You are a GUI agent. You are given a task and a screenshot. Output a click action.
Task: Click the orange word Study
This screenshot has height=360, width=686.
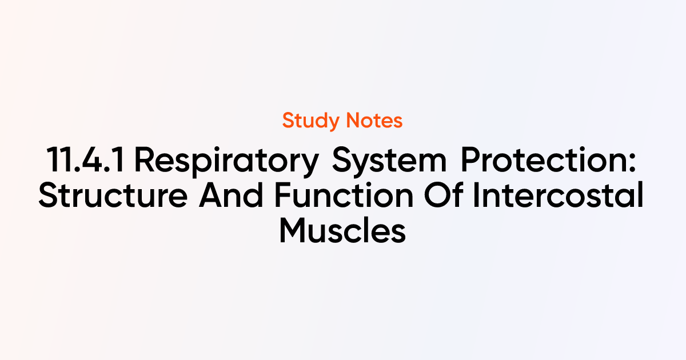[310, 121]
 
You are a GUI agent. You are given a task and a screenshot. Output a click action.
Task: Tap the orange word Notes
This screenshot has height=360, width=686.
[374, 121]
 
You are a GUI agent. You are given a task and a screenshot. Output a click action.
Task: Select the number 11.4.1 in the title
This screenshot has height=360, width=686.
[85, 160]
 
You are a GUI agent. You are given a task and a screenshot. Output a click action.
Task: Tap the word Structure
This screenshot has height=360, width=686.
[113, 195]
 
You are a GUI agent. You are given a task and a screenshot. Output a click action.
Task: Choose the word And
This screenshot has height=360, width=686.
[231, 195]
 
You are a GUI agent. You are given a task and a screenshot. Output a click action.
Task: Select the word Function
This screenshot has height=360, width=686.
[344, 195]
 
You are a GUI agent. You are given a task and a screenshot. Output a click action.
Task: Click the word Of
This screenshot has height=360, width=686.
[443, 195]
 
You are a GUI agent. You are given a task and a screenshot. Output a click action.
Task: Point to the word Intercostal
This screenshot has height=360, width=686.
[559, 195]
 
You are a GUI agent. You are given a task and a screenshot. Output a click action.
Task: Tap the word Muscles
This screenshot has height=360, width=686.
[342, 230]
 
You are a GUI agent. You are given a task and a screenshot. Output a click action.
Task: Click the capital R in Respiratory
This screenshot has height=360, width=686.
[145, 160]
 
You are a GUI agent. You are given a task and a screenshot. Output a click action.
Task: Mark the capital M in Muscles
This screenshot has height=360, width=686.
[294, 230]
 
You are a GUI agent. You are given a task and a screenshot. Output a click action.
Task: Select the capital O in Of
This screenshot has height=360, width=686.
[437, 195]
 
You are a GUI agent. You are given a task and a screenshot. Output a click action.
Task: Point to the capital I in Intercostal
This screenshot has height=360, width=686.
[476, 195]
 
